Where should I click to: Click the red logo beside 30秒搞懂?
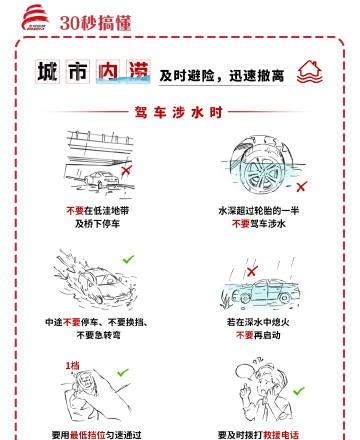coord(35,18)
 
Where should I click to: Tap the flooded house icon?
coord(310,72)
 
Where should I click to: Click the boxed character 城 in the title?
coord(48,71)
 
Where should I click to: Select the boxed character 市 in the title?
coord(78,71)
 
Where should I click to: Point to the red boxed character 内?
coord(108,71)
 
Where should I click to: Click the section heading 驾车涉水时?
coord(179,112)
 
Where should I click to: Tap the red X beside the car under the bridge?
coord(126,170)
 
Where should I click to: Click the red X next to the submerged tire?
coord(301,186)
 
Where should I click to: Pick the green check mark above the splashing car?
coord(128,259)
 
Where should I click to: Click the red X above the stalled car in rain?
coord(252,271)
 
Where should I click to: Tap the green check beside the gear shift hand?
coord(123,372)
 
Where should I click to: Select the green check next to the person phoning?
coord(299,390)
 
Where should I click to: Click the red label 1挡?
coord(72,366)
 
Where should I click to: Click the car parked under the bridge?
coord(102,180)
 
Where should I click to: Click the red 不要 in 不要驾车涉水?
coord(241,223)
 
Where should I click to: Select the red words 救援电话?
coord(281,435)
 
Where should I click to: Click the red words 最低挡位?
coord(88,435)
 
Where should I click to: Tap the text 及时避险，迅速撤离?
coord(222,76)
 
